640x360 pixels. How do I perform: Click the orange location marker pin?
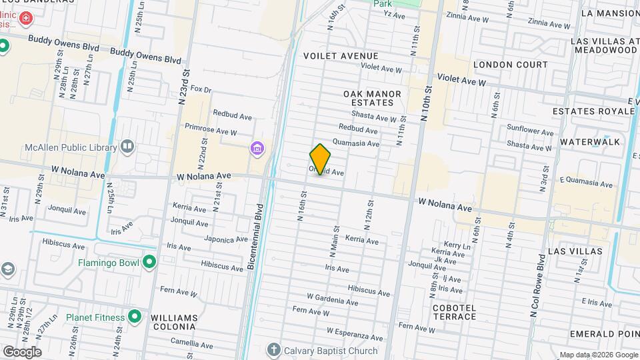pyautogui.click(x=320, y=159)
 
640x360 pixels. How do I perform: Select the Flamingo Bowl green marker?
pyautogui.click(x=149, y=263)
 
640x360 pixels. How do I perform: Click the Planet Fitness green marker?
pyautogui.click(x=135, y=317)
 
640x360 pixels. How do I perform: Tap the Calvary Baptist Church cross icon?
pyautogui.click(x=273, y=350)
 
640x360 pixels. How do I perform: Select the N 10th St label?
pyautogui.click(x=426, y=103)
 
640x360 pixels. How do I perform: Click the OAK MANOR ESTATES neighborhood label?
pyautogui.click(x=373, y=99)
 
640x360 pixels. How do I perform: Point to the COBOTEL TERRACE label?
pyautogui.click(x=454, y=311)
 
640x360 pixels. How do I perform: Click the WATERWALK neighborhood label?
pyautogui.click(x=590, y=142)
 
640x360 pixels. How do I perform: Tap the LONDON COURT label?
pyautogui.click(x=511, y=65)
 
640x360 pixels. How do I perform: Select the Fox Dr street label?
pyautogui.click(x=201, y=89)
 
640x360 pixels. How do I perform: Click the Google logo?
pyautogui.click(x=21, y=352)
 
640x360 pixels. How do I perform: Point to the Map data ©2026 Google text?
pyautogui.click(x=598, y=355)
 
